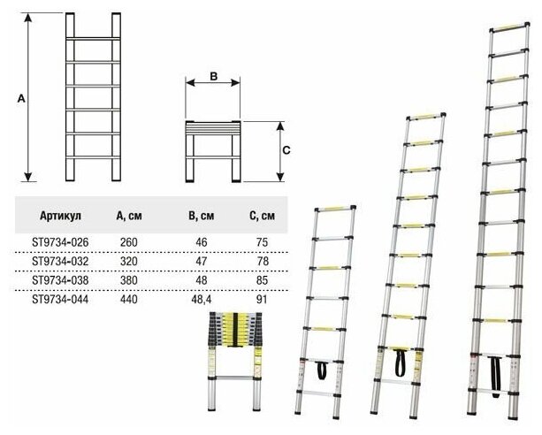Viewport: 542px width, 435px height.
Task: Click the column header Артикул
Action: click(x=60, y=215)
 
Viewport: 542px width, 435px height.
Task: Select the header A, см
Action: click(x=130, y=215)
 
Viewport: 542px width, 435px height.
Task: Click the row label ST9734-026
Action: click(x=59, y=240)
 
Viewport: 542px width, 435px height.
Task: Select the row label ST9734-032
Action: click(x=59, y=261)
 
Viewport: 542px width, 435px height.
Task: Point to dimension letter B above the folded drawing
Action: click(x=213, y=77)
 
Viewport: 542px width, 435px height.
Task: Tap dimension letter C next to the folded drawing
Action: click(x=285, y=150)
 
